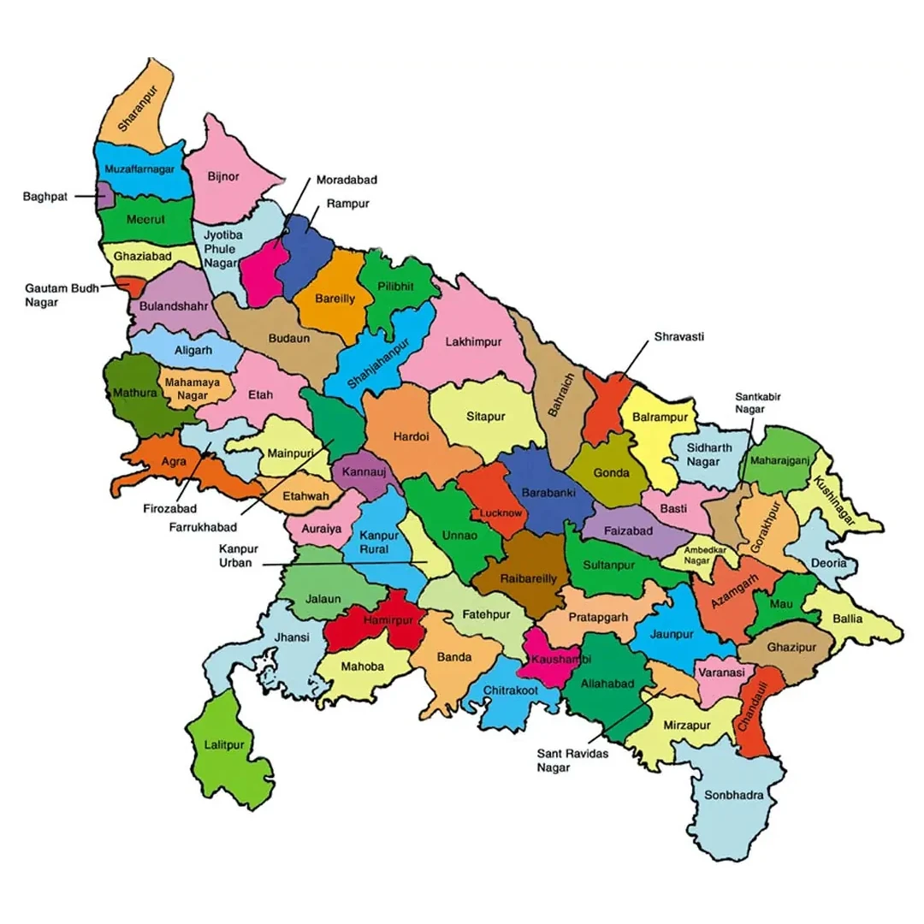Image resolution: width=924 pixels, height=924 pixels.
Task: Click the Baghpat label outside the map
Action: coord(46,196)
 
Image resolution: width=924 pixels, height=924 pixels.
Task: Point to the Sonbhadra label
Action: coord(733,795)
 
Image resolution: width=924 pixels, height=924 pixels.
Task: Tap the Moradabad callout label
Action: coord(346,181)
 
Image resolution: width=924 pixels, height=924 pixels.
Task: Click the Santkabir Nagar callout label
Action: coord(757,403)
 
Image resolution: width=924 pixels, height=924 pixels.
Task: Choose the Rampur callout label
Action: coord(347,204)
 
